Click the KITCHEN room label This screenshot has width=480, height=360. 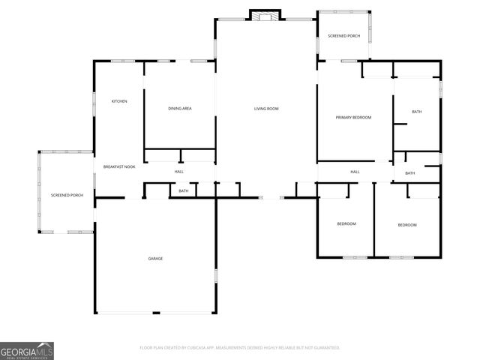tap(119, 101)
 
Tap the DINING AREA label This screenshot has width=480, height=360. tap(180, 109)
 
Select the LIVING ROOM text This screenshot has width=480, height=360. tap(266, 109)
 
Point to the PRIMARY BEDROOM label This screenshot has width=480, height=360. tap(353, 117)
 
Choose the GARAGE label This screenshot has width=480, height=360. tap(155, 258)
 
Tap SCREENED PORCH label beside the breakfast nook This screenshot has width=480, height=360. tap(67, 195)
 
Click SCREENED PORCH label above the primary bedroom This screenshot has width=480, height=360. tap(343, 35)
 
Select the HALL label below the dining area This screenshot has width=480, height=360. tap(179, 172)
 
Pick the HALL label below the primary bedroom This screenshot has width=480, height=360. tap(355, 172)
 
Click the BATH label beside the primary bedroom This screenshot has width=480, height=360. tap(416, 112)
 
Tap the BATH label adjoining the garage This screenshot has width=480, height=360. tap(183, 191)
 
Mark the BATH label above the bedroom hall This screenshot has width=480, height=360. tap(410, 173)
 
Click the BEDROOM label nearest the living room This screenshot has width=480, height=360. tap(346, 224)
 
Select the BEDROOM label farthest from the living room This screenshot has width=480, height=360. tap(406, 225)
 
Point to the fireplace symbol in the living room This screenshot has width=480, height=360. tap(265, 15)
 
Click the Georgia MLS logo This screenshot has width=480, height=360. tap(27, 350)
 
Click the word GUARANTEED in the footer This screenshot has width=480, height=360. tap(323, 347)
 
